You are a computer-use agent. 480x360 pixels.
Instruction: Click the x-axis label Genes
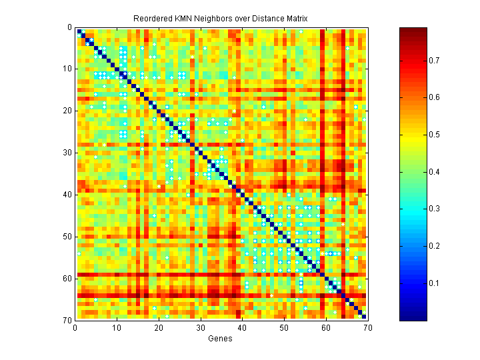tap(221, 339)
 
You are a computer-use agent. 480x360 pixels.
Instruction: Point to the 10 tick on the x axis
tap(117, 327)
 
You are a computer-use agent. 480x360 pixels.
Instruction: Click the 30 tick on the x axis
tap(200, 327)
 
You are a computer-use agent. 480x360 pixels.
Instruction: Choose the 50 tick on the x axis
tap(284, 327)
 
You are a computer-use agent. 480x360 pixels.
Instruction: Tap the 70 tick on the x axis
tap(367, 327)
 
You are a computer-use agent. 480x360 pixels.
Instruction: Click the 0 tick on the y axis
tap(69, 27)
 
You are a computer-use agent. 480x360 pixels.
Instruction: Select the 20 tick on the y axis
tap(67, 111)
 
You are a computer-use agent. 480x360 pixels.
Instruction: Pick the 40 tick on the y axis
tap(67, 195)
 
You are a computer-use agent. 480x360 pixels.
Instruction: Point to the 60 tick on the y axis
tap(67, 278)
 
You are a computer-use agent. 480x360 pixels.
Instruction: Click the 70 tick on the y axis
tap(67, 320)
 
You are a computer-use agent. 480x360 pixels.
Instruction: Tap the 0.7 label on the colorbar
tap(434, 61)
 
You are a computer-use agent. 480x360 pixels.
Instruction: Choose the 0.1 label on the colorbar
tap(434, 283)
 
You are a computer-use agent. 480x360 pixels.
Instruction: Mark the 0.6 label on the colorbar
tap(434, 98)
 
